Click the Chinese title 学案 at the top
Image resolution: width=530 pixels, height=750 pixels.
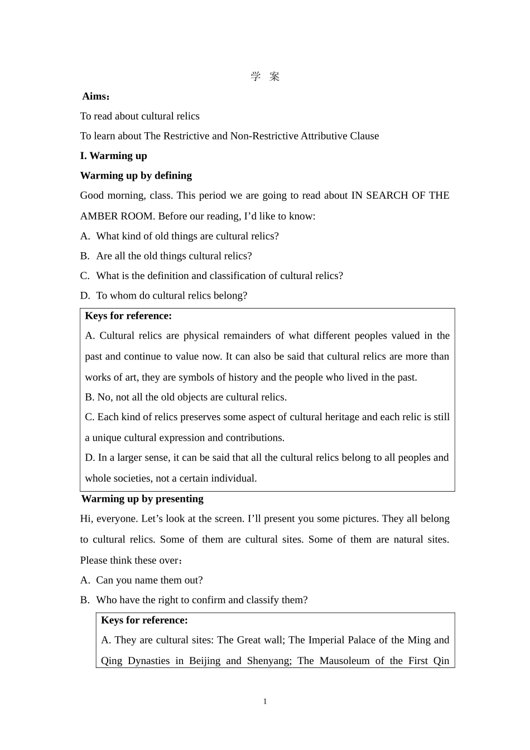pos(265,76)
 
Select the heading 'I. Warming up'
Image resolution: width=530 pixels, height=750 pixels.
pos(113,156)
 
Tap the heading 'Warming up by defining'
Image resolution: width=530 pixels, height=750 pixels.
pos(136,175)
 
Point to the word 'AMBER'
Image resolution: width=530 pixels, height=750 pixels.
pos(99,216)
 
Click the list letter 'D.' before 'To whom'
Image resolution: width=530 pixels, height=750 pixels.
pos(85,296)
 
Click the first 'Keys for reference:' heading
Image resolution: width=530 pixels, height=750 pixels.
pos(128,316)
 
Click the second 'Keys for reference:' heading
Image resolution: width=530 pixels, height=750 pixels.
pos(144,620)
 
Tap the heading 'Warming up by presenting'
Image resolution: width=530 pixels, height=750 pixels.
pos(142,499)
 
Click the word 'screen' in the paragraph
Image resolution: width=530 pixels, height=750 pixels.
pos(218,518)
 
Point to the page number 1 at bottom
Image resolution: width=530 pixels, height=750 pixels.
pos(265,701)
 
